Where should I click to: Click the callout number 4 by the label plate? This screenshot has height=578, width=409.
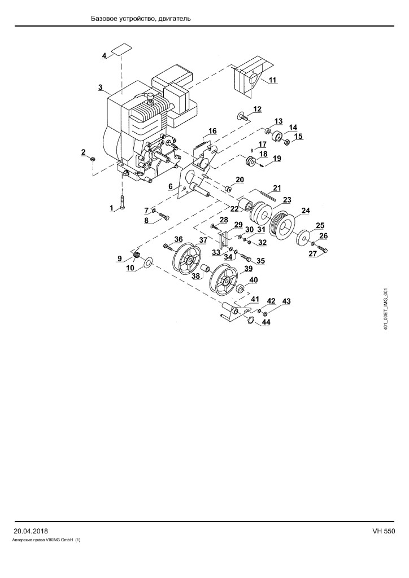point(105,56)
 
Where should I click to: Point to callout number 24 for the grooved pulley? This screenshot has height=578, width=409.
point(306,211)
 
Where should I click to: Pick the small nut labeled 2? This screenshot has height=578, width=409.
point(93,159)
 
